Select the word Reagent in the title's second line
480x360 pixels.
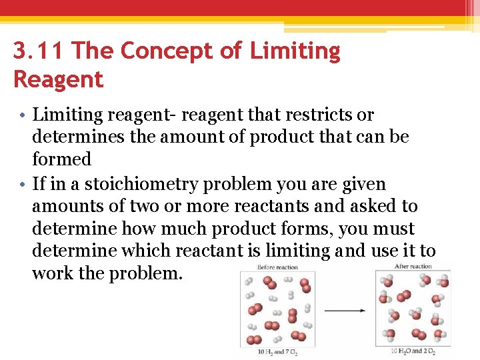(x=58, y=80)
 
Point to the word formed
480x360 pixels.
(x=61, y=160)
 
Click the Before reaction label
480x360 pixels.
(x=278, y=267)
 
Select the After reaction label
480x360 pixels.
(x=413, y=266)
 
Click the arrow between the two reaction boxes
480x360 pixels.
(x=344, y=310)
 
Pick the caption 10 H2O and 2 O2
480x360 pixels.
(x=413, y=351)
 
